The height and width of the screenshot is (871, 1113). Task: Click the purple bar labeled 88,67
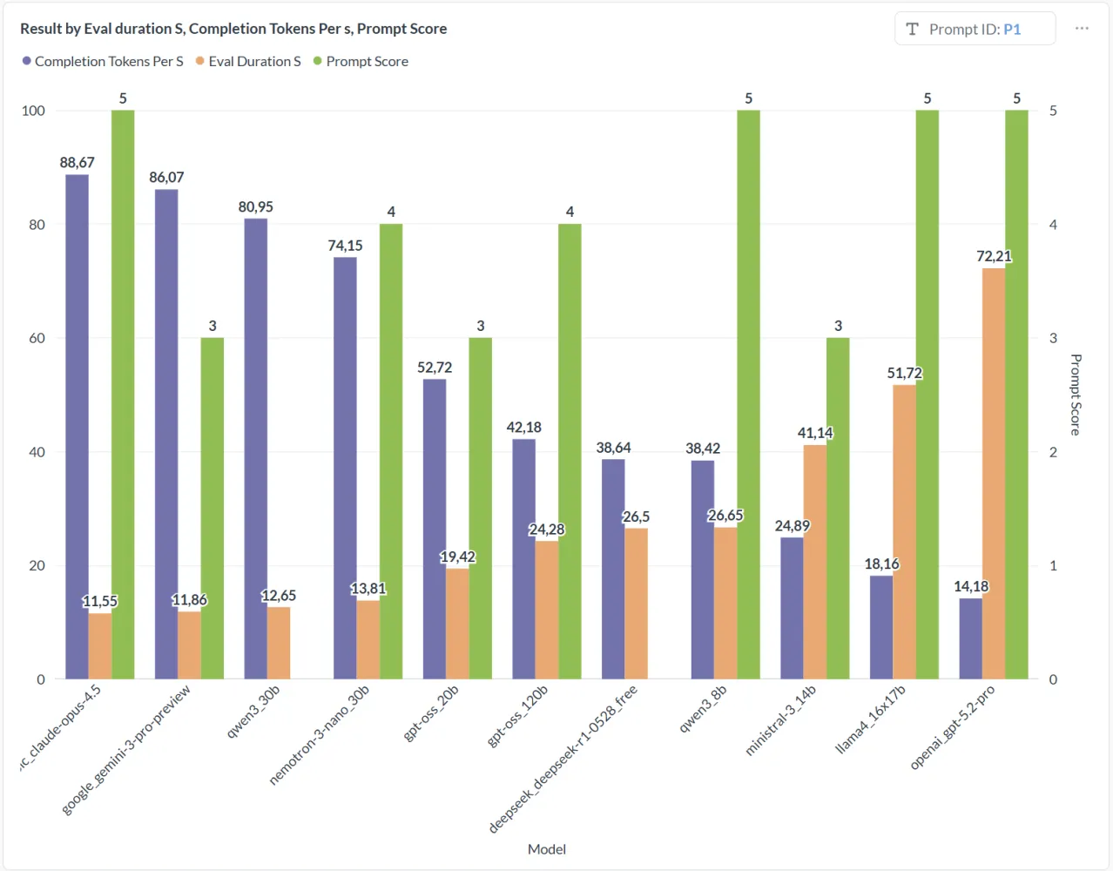77,427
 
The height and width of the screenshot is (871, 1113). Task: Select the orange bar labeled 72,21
994,474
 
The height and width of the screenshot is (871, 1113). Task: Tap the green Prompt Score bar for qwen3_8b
748,395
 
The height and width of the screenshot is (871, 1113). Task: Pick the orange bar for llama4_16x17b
905,532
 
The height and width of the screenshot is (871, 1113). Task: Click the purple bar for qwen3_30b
255,449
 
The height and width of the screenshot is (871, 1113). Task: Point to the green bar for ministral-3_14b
838,508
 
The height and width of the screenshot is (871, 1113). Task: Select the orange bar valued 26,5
636,604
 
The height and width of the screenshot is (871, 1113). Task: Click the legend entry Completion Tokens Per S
103,62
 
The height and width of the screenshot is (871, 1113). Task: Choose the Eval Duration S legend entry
248,62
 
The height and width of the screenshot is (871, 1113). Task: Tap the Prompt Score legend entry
361,62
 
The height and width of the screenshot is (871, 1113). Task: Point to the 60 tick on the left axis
37,338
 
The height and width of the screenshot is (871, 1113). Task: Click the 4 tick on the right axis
1053,224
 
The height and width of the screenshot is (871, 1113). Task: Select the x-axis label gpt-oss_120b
517,715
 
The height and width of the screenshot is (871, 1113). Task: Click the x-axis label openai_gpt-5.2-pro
953,726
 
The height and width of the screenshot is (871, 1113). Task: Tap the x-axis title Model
547,849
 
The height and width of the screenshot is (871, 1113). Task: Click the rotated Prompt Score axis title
1076,395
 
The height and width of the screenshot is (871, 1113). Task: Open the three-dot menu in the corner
1082,28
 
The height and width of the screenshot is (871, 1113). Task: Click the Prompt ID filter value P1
1012,30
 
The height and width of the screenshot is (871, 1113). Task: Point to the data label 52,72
435,368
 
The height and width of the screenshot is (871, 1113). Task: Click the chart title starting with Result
233,29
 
